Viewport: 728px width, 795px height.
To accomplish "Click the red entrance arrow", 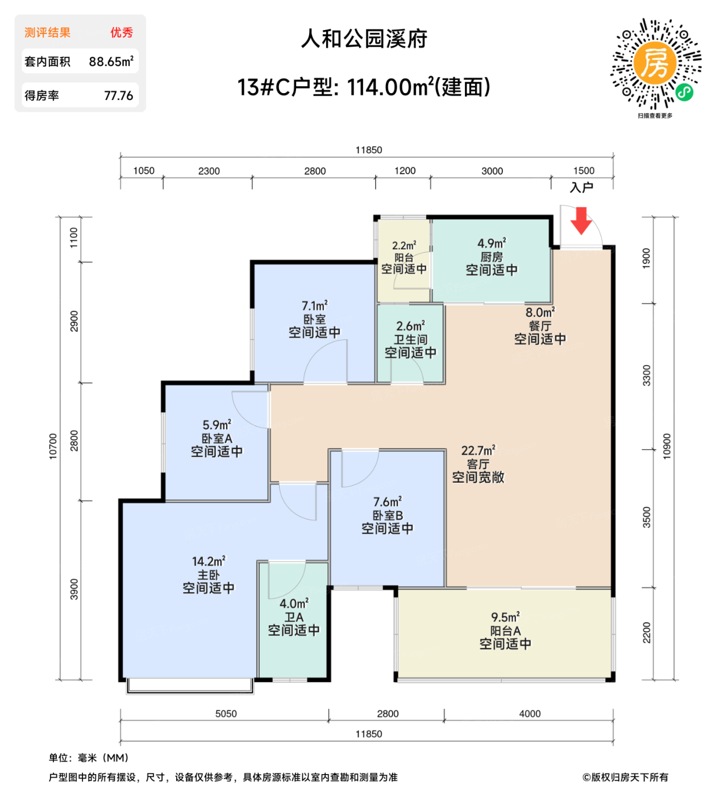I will tap(581, 221).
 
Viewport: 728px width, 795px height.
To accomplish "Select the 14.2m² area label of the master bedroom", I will tap(209, 561).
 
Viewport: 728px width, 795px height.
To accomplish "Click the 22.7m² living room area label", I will tap(478, 451).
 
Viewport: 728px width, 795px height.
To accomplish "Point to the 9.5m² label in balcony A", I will tap(505, 617).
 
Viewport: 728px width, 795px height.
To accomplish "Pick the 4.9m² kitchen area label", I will tap(492, 244).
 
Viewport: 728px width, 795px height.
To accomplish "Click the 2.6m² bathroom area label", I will tap(410, 327).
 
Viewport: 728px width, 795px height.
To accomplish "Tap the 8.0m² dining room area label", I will tap(540, 313).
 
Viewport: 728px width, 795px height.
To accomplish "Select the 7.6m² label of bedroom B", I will tap(388, 502).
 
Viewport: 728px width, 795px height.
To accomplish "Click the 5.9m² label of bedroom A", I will tap(217, 425).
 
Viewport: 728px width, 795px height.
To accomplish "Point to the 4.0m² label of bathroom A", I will tap(294, 604).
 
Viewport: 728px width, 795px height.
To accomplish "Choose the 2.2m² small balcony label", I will tap(404, 246).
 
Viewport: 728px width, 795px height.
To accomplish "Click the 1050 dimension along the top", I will tap(144, 171).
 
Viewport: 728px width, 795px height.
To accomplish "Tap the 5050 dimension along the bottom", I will tap(226, 714).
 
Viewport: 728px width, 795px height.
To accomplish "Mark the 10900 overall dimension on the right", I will tap(667, 446).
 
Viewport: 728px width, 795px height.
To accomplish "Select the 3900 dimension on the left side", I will tap(74, 589).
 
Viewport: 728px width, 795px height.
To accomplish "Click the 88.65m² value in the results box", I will tap(111, 61).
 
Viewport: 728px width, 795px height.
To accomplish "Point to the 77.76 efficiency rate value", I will tap(118, 95).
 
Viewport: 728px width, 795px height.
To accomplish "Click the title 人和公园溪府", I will tap(364, 39).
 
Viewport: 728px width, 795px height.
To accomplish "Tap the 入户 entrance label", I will tap(581, 187).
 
